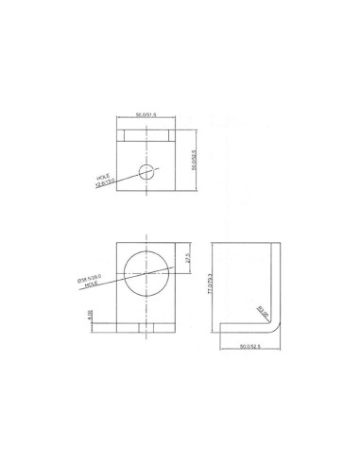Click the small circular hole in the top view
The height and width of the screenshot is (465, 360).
[x=146, y=171]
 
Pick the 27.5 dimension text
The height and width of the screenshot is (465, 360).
[x=187, y=257]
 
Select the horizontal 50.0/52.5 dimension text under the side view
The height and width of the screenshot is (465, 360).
[x=249, y=347]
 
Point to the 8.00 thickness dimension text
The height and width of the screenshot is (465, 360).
[x=90, y=316]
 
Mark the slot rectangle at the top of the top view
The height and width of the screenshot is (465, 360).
[x=146, y=135]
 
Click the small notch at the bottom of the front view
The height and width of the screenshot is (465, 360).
[x=146, y=328]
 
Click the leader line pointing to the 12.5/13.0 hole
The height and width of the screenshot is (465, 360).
[x=126, y=174]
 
